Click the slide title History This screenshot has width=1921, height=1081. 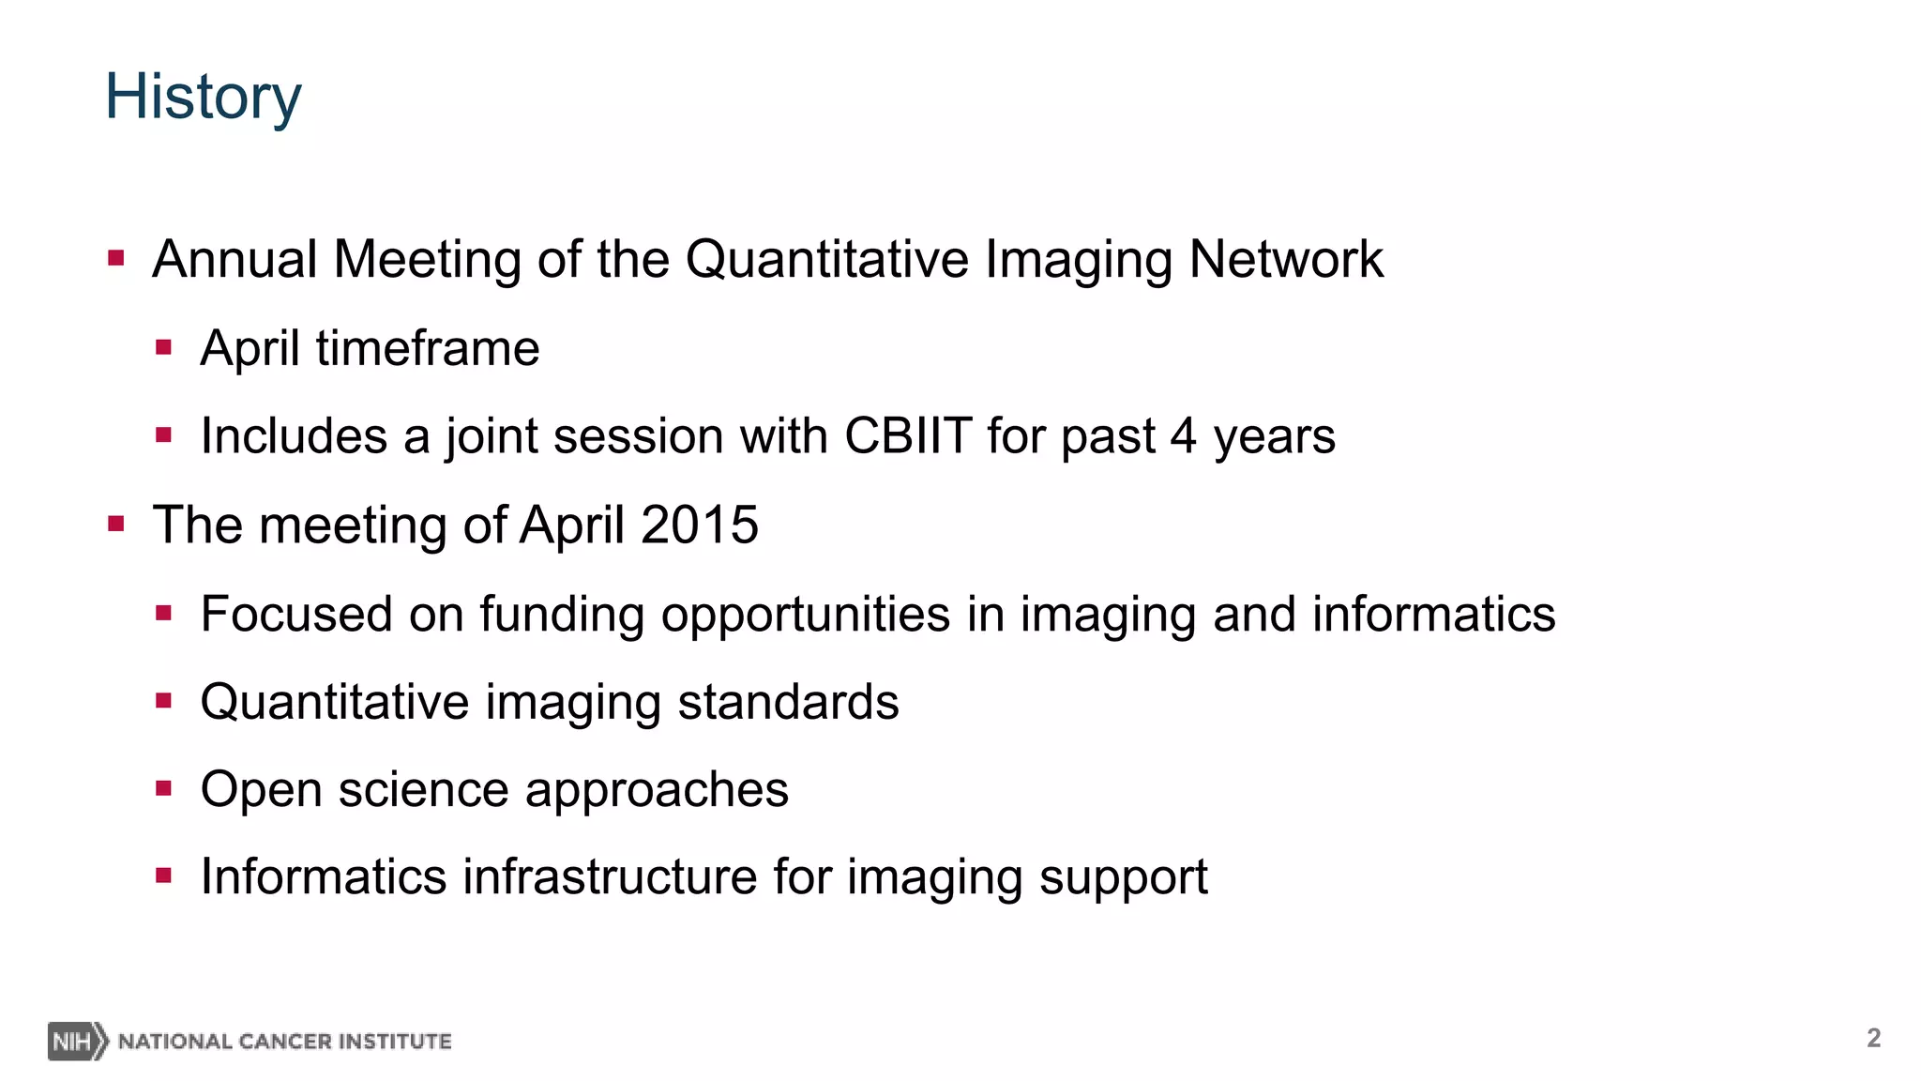pos(203,98)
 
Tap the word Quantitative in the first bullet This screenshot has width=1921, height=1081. pos(826,260)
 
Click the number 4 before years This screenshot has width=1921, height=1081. pos(1183,436)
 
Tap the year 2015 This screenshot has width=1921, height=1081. pos(700,525)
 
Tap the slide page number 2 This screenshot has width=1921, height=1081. pos(1873,1038)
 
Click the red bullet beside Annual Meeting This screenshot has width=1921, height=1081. pos(116,258)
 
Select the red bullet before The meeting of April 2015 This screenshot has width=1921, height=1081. pos(116,524)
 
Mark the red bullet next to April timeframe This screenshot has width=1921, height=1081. pos(164,348)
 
